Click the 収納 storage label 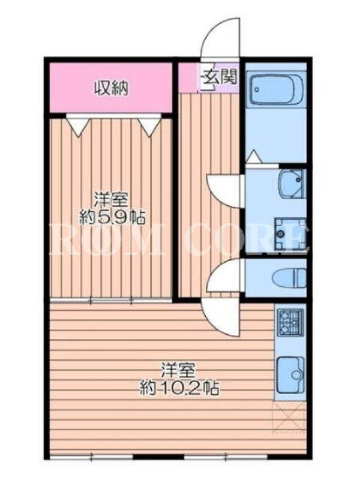pos(110,88)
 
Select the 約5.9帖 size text pos(112,217)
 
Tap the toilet pos(289,277)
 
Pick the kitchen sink pos(290,375)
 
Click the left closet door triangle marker pos(78,125)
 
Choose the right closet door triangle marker pos(149,125)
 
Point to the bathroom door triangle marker pos(254,157)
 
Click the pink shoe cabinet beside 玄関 pos(188,77)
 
